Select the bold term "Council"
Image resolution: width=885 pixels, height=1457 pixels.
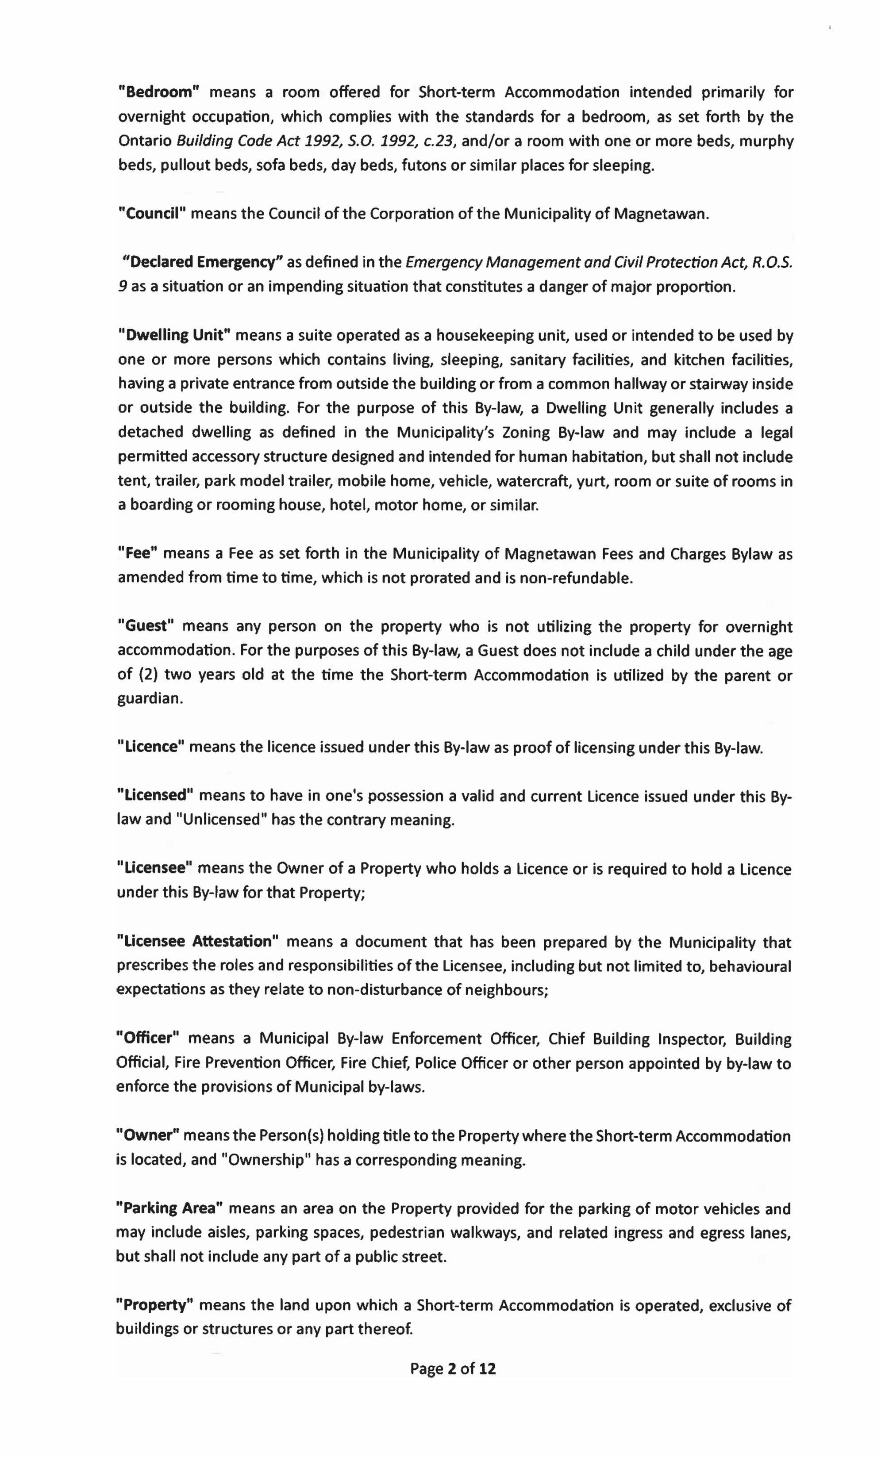coord(152,214)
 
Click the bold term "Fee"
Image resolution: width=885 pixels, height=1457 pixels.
coord(137,553)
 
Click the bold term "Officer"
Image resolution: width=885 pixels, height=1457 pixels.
coord(148,1039)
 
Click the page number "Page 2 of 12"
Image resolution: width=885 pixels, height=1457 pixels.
coord(453,1368)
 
